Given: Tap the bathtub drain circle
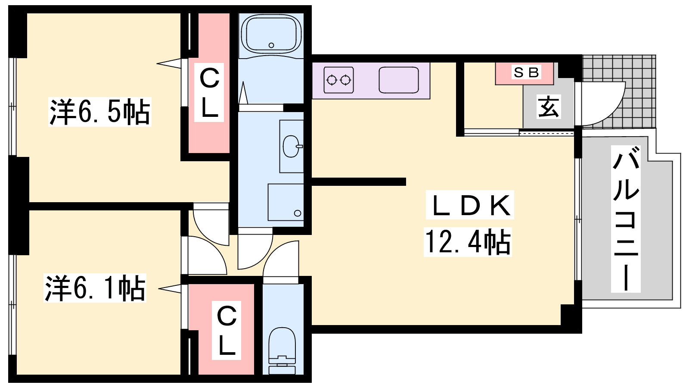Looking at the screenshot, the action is click(x=271, y=45).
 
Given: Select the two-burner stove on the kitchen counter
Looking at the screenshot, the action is click(x=338, y=80).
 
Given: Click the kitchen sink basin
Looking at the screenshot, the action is click(x=399, y=80).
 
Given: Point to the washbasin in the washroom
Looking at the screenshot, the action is click(x=292, y=146).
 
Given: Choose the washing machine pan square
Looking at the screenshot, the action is click(x=286, y=202).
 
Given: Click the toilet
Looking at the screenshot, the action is click(x=282, y=350).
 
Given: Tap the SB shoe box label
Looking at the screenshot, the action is click(x=526, y=73).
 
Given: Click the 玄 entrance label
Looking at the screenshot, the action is click(x=549, y=106).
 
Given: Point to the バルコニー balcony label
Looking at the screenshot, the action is click(x=626, y=219).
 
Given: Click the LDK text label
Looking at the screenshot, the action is click(x=470, y=205).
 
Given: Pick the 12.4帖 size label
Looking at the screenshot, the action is click(x=468, y=242).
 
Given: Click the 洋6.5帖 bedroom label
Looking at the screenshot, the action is click(x=99, y=112).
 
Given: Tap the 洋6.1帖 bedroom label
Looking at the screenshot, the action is click(x=95, y=288).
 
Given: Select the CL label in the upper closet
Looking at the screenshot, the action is click(x=209, y=92).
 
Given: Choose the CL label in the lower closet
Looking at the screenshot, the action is click(x=227, y=330).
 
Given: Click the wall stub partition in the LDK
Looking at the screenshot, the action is click(x=359, y=181).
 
